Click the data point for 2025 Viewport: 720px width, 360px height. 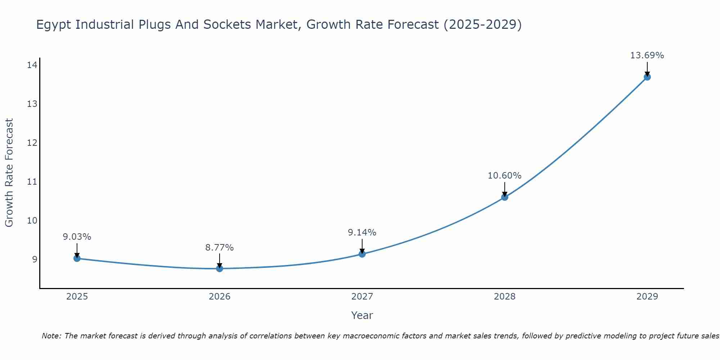tap(77, 258)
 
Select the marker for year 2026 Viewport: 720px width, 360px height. tap(219, 268)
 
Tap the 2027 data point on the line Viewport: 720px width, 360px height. tap(362, 254)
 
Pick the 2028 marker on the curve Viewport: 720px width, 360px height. tap(504, 197)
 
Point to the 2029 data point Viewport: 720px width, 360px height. tap(647, 77)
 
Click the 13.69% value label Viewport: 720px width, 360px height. tap(647, 55)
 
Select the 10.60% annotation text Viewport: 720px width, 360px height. tap(504, 176)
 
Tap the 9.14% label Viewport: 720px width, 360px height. tap(362, 233)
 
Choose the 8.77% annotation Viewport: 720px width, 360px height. tap(219, 248)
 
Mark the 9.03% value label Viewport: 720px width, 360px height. tap(77, 237)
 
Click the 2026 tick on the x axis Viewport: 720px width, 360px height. tap(219, 297)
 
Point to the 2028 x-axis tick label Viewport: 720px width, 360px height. tap(504, 297)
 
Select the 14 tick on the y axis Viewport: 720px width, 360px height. tap(32, 65)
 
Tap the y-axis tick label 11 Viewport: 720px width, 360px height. tap(32, 181)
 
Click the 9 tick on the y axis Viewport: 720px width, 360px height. tap(35, 259)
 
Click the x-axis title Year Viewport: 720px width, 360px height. tap(362, 315)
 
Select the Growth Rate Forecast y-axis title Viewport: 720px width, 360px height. tap(9, 173)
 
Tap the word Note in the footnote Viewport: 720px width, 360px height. tap(51, 336)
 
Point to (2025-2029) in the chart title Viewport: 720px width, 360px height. tap(482, 25)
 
